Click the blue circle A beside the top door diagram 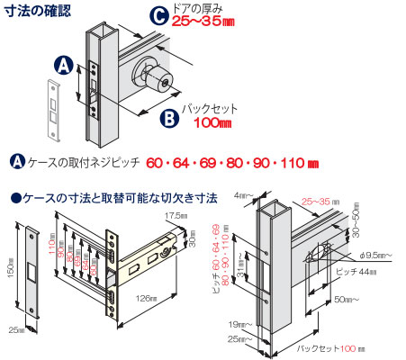click(64, 66)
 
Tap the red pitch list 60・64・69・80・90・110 click(232, 163)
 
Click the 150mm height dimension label click(8, 267)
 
